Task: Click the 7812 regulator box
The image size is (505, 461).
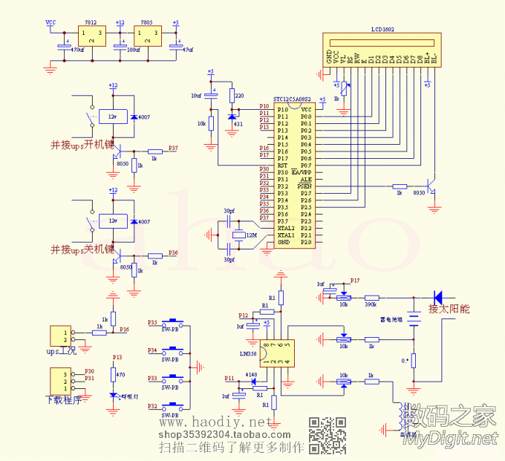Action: click(x=92, y=37)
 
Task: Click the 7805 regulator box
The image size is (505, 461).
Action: click(x=148, y=37)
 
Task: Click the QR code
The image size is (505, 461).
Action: click(x=328, y=435)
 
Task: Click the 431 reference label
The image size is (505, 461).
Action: click(x=238, y=124)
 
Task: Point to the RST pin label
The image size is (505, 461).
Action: click(x=282, y=166)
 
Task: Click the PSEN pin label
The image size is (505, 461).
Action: click(x=304, y=186)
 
